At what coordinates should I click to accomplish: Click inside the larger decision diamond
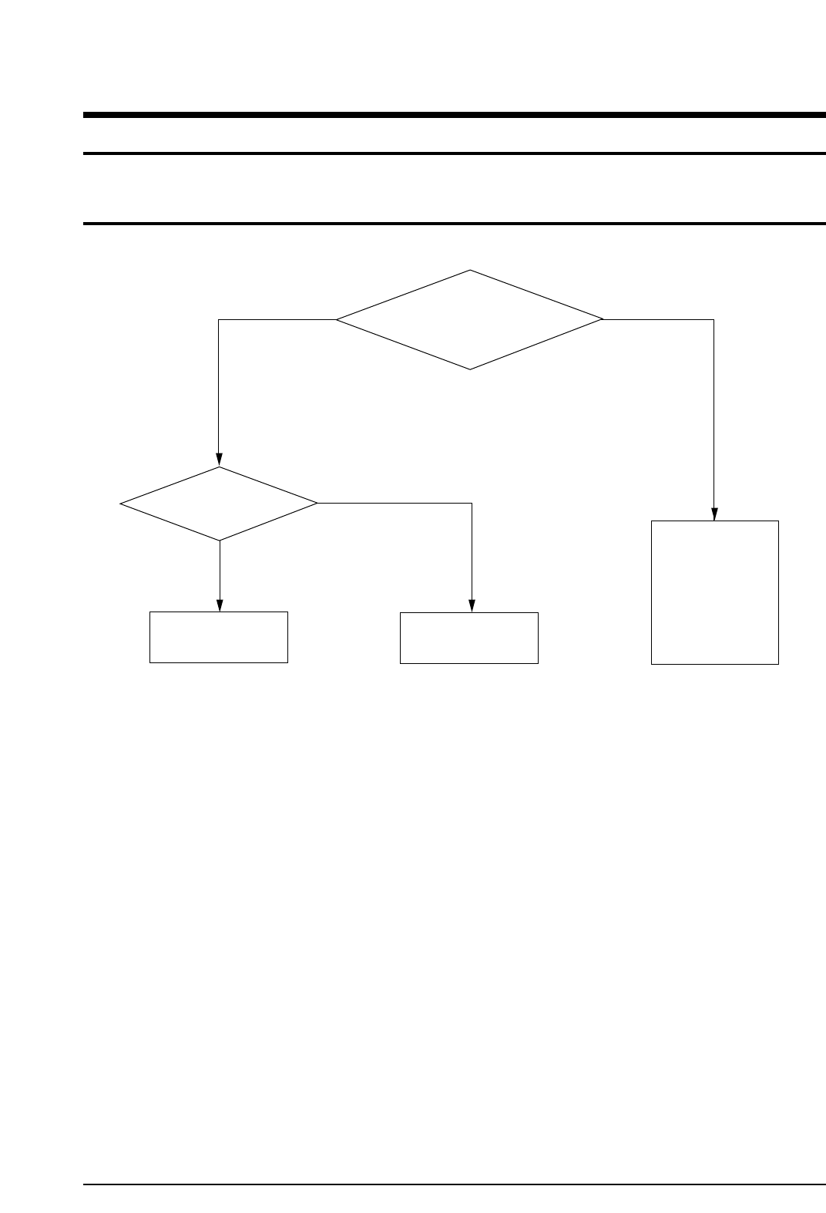click(469, 319)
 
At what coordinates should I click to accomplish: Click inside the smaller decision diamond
click(219, 504)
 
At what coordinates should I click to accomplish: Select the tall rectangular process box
click(714, 591)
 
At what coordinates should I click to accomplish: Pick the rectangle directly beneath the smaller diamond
click(219, 637)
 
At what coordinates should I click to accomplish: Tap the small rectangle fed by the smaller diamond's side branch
click(468, 638)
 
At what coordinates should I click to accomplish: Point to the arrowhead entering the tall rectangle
click(714, 514)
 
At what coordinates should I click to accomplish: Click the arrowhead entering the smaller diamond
click(219, 460)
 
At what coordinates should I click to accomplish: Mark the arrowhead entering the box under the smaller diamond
click(220, 605)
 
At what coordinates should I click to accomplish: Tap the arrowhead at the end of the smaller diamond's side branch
click(471, 606)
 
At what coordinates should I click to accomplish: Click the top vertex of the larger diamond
click(470, 270)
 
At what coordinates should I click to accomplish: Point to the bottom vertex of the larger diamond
click(470, 369)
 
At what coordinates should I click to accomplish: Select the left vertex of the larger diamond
click(337, 319)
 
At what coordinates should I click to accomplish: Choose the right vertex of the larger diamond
click(603, 319)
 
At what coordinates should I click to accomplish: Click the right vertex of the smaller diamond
click(317, 504)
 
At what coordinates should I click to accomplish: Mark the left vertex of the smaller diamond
click(121, 504)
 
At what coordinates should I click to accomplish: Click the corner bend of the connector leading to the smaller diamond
click(219, 319)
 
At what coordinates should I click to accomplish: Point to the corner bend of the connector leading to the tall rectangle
click(714, 319)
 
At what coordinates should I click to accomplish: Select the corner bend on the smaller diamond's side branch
click(471, 504)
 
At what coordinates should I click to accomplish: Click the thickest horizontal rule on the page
click(455, 115)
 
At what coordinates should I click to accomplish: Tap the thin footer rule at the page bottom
click(455, 1184)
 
